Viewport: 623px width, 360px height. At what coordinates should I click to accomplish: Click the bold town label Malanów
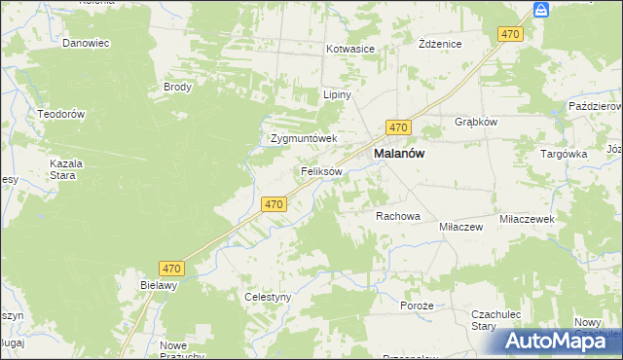click(399, 154)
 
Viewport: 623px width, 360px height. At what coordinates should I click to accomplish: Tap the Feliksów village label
click(320, 171)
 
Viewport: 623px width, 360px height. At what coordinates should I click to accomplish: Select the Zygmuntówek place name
click(303, 138)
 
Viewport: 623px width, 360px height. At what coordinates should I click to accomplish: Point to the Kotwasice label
click(350, 48)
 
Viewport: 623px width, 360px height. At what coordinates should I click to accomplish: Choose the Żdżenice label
click(439, 45)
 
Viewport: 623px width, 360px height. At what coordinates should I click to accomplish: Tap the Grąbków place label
click(476, 122)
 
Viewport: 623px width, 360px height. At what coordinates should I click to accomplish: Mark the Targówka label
click(564, 154)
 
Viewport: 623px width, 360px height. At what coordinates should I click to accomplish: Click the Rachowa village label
click(397, 216)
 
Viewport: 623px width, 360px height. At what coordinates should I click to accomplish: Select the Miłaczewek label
click(527, 220)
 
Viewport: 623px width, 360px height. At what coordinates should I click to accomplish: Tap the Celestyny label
click(268, 297)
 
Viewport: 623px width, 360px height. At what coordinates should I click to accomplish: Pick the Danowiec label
click(85, 43)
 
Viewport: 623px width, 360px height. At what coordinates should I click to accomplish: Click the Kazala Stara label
click(66, 169)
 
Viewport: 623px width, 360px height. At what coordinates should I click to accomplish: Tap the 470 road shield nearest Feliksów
click(274, 204)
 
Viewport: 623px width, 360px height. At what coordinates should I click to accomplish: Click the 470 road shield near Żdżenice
click(511, 34)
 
